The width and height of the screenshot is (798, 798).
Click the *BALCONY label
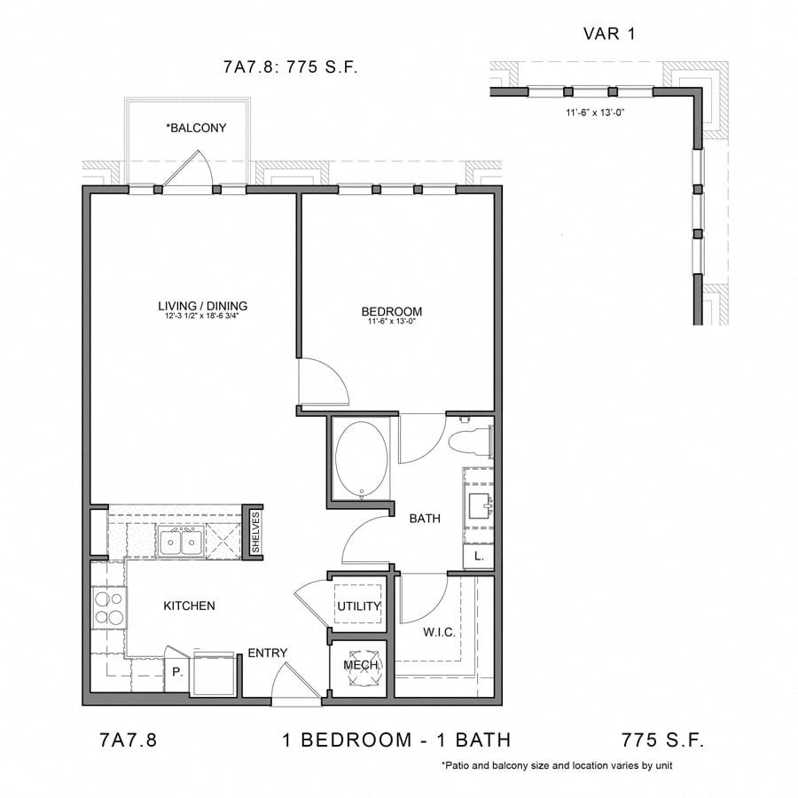click(196, 128)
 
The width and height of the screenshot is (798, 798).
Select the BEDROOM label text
click(391, 311)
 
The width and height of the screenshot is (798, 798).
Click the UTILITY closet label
click(358, 606)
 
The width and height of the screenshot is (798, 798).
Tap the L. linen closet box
click(478, 556)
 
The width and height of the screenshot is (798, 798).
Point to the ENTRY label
click(267, 653)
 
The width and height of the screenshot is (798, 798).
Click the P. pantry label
click(177, 672)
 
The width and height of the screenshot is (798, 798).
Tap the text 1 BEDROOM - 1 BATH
click(396, 740)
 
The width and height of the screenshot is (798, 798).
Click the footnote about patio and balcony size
click(560, 765)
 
